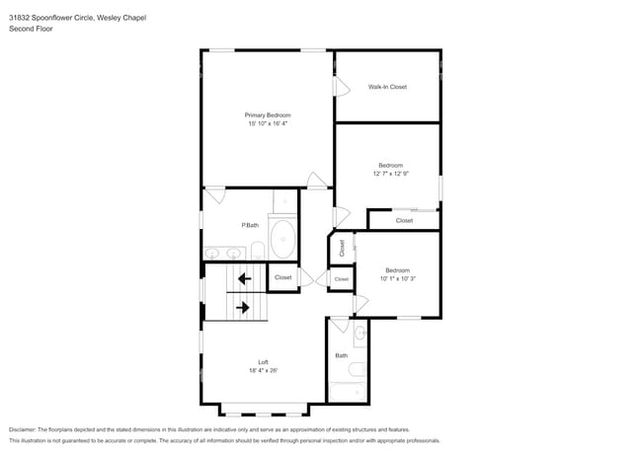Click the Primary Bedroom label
268,115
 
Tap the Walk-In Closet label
387,87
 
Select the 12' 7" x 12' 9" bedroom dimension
390,174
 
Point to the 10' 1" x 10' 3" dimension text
398,278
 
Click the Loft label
264,362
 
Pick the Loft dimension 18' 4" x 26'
264,370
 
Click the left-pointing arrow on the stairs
244,279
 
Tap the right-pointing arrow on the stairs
243,307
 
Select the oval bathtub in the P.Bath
282,239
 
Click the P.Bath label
250,225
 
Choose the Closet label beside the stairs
282,277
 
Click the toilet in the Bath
357,370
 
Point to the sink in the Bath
361,334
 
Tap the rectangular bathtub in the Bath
348,392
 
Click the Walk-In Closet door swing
343,86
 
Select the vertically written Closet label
342,248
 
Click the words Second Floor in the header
31,29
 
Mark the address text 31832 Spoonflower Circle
51,18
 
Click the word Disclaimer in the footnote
22,429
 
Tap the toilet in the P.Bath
258,251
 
